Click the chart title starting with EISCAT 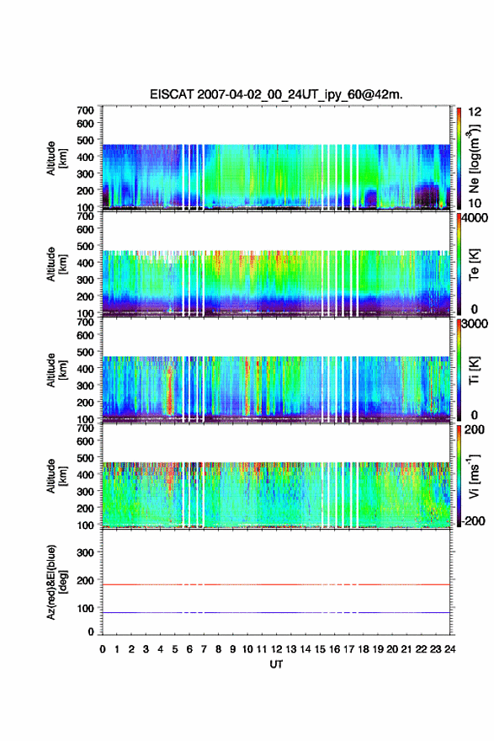click(x=276, y=94)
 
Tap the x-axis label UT click(x=276, y=664)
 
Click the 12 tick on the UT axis click(x=276, y=649)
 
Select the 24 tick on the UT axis click(x=449, y=649)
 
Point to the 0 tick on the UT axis click(x=103, y=649)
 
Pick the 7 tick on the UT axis click(x=204, y=649)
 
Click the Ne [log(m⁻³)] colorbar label click(x=474, y=158)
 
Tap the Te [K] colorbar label click(x=474, y=264)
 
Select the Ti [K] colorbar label click(x=474, y=370)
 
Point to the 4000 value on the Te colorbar click(x=475, y=219)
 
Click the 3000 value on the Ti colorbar click(x=475, y=324)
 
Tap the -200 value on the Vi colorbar click(x=473, y=520)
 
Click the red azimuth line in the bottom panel click(x=276, y=584)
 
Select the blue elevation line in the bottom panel click(x=276, y=612)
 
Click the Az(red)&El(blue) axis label click(x=56, y=582)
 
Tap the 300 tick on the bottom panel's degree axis click(x=85, y=552)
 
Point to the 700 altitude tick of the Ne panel click(x=85, y=110)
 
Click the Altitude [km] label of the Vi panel click(x=56, y=477)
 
